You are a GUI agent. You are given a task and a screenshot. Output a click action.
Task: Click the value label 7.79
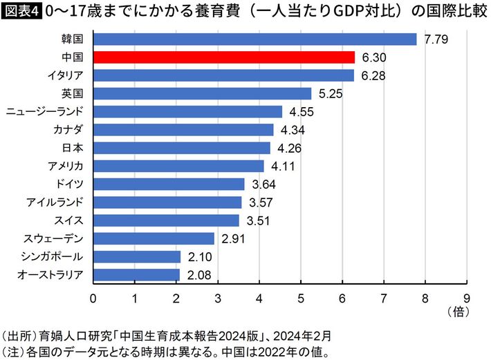(x=436, y=39)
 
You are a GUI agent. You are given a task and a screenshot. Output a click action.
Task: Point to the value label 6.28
(x=373, y=75)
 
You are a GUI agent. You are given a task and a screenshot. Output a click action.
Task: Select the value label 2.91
(x=233, y=238)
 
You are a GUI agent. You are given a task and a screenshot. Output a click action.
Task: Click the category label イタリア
(x=66, y=75)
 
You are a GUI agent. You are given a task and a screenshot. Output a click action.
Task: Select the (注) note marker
(x=14, y=352)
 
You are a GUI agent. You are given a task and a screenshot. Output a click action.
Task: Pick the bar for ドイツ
(x=169, y=184)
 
